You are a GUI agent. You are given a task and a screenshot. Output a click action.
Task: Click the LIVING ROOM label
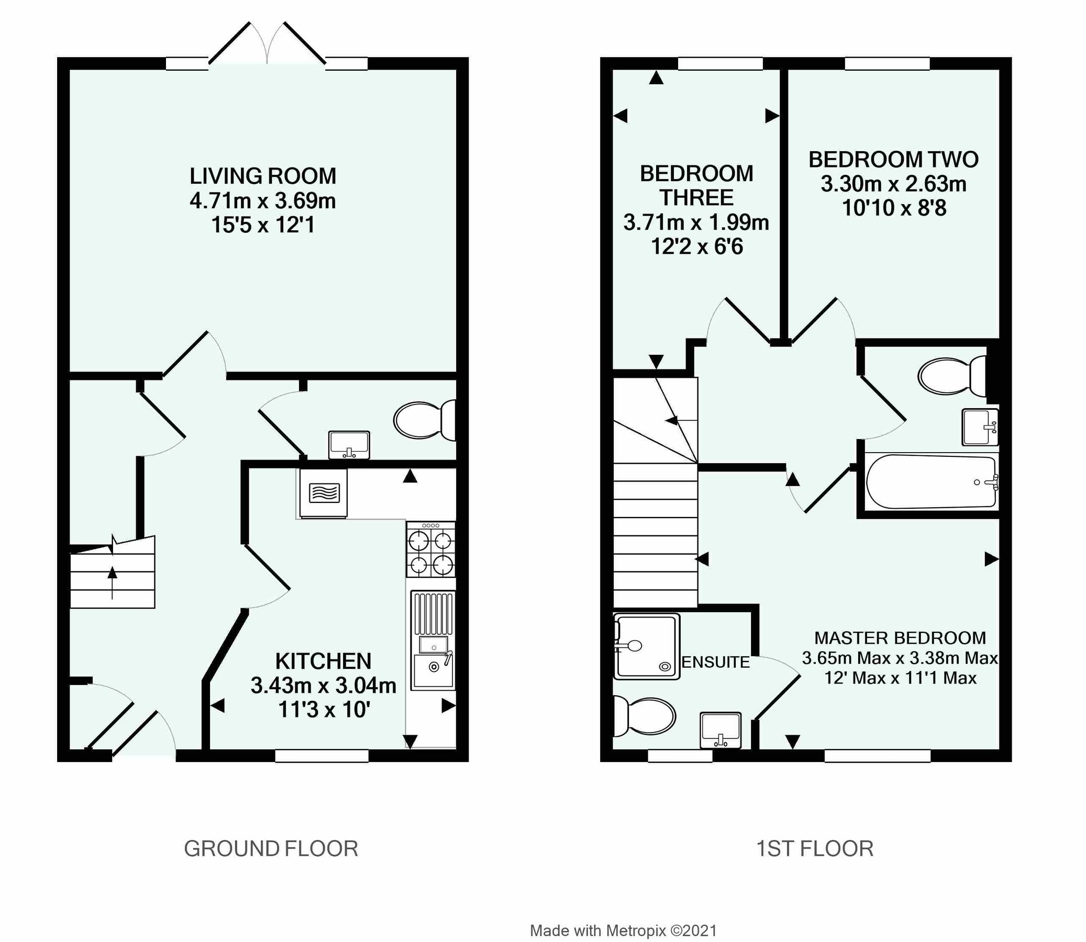tap(262, 176)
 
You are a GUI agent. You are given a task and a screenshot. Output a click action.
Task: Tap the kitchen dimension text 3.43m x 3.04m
tap(323, 686)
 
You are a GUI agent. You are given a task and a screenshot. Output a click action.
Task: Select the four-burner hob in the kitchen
tap(431, 549)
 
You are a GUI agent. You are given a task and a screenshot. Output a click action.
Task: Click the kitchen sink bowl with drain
tap(434, 667)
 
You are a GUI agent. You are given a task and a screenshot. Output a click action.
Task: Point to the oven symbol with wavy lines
tap(324, 493)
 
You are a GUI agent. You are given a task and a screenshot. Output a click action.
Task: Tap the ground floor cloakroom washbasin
tap(349, 445)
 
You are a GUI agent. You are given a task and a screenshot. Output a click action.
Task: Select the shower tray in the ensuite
tap(646, 646)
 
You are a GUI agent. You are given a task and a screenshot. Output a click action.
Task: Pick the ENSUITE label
tap(715, 663)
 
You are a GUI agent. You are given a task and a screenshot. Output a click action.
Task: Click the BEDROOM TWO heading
tap(893, 160)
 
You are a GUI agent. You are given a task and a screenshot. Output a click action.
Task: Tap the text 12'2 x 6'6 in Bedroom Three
tap(697, 246)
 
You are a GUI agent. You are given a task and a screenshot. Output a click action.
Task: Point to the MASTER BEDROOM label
tap(900, 638)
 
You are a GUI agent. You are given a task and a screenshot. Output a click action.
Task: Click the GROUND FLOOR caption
tap(271, 849)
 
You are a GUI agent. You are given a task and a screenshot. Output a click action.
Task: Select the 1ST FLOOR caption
tap(815, 849)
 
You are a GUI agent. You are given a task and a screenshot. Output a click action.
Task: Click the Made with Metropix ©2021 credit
tap(623, 931)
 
